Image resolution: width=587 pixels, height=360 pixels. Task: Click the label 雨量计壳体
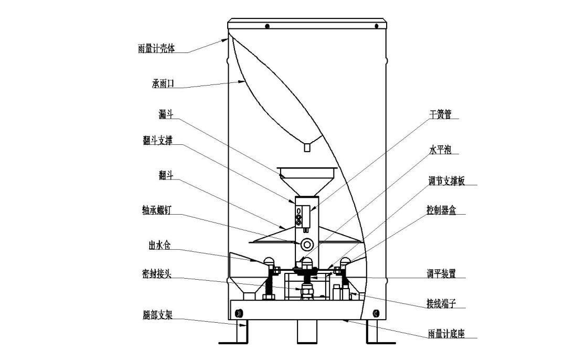click(x=156, y=49)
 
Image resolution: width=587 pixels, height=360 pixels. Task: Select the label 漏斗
click(x=166, y=114)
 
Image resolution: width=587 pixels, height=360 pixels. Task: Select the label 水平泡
click(x=440, y=150)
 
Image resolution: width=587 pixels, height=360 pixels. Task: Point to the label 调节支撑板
click(x=445, y=182)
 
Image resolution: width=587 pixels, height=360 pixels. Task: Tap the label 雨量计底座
click(x=446, y=334)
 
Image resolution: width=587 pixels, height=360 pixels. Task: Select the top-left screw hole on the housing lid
click(x=268, y=26)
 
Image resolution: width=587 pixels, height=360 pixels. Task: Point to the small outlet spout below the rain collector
click(x=306, y=148)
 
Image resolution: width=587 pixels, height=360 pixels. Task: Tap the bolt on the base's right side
click(x=375, y=313)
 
